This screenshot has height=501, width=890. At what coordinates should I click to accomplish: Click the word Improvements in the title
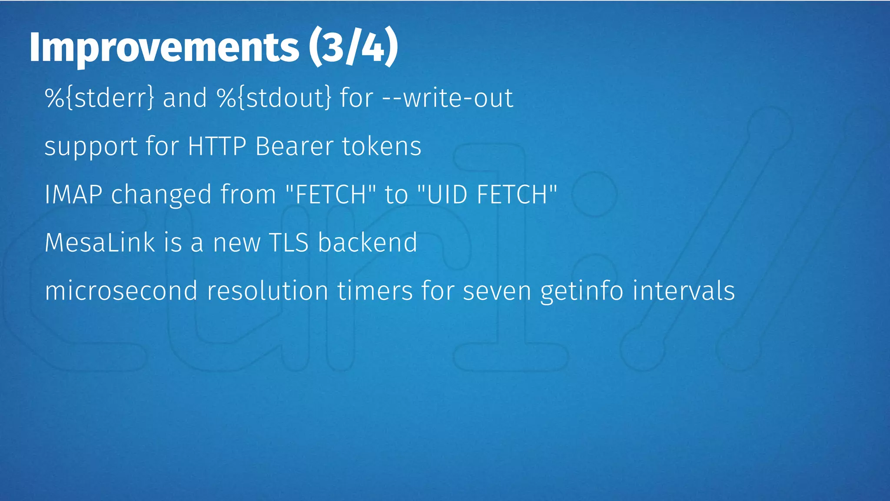164,48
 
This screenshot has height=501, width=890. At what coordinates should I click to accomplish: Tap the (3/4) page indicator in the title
353,47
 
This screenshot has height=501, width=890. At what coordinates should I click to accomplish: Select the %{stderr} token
100,97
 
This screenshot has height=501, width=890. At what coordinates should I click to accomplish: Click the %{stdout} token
274,97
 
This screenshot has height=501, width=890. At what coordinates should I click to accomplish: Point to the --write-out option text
448,97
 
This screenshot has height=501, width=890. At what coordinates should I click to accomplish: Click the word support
91,147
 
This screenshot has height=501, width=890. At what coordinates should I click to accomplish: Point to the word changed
161,195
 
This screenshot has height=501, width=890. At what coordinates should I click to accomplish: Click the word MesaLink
100,242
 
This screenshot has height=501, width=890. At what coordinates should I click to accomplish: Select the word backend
368,242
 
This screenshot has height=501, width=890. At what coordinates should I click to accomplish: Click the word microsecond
121,291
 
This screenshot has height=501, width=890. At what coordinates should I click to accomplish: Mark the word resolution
267,291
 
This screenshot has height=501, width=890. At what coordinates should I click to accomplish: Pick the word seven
497,291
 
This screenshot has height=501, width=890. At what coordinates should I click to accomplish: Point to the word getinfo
582,291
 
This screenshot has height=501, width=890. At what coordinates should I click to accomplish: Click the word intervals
684,291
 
